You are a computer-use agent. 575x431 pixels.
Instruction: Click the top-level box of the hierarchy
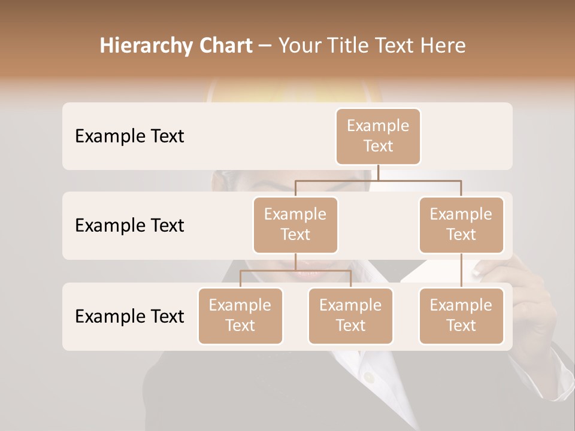coord(378,136)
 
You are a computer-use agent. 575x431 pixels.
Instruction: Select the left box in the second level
coord(295,224)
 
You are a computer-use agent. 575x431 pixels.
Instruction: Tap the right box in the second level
coord(461,224)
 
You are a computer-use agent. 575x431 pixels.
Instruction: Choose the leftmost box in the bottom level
coord(240,315)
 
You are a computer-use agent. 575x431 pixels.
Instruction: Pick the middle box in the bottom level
coord(350,315)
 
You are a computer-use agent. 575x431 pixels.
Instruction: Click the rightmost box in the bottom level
coord(461,315)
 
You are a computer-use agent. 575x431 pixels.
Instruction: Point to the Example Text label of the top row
coord(129,136)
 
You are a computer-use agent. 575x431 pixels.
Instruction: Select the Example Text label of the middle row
coord(129,226)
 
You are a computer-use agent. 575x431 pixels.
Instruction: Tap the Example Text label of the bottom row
coord(129,316)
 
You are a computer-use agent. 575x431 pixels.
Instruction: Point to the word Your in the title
coord(299,45)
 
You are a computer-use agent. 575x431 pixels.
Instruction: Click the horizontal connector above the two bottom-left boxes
coord(295,271)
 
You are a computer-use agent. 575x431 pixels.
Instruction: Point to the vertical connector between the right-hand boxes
coord(461,271)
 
